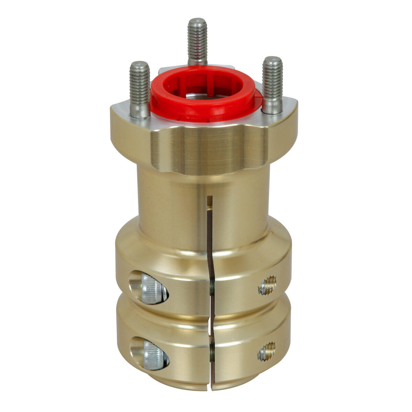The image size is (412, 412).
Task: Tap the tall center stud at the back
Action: click(197, 41)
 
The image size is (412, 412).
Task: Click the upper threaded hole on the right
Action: click(267, 286)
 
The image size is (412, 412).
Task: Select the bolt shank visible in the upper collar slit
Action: click(212, 287)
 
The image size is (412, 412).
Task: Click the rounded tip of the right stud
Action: click(272, 60)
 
